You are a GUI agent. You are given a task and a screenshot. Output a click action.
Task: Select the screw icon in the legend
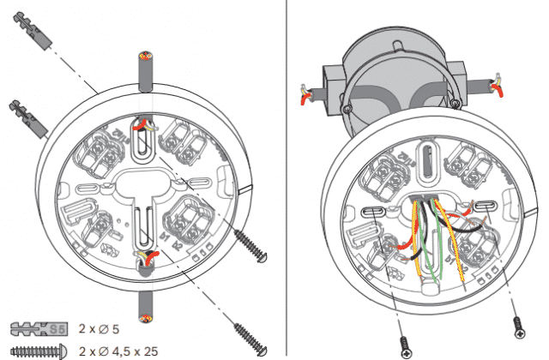point(38,350)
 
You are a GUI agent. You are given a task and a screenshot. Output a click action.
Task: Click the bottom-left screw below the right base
point(405,345)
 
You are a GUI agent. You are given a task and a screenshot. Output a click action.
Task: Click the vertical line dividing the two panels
point(285,180)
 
